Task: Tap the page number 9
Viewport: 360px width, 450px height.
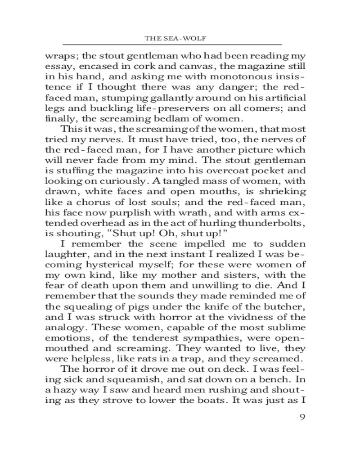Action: coord(302,416)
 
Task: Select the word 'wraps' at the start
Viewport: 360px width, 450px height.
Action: coord(59,57)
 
